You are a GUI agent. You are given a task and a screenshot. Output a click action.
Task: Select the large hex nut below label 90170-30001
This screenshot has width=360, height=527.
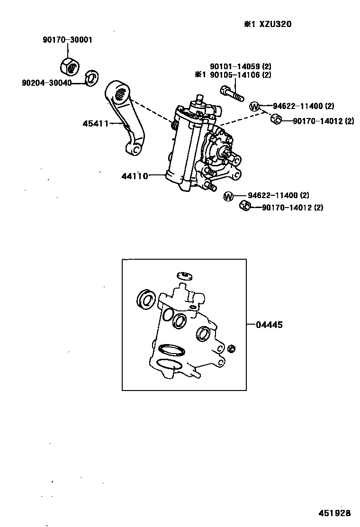70,66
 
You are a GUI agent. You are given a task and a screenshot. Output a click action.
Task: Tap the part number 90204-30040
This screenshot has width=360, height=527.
46,83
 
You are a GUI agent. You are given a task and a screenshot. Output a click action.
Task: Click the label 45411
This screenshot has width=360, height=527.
96,124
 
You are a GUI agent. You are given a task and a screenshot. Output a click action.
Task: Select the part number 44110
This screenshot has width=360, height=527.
135,176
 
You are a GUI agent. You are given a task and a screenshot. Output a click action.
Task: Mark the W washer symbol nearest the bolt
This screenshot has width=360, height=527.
255,106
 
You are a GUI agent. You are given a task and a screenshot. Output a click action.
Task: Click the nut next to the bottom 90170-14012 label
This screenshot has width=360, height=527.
245,206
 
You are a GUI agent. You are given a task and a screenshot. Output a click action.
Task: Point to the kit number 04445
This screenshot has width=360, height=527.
269,325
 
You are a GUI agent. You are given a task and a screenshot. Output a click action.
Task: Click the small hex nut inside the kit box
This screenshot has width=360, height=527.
232,349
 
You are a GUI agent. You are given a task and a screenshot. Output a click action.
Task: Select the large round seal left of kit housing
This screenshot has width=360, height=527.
146,299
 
